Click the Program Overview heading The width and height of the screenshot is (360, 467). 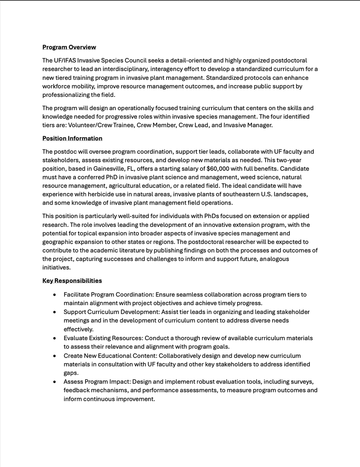coord(69,47)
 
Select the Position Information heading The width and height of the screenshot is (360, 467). coord(72,138)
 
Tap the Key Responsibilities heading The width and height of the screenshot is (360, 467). coord(72,281)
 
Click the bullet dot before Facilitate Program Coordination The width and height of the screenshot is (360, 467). coord(55,295)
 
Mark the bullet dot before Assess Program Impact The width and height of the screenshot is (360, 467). coord(55,382)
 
